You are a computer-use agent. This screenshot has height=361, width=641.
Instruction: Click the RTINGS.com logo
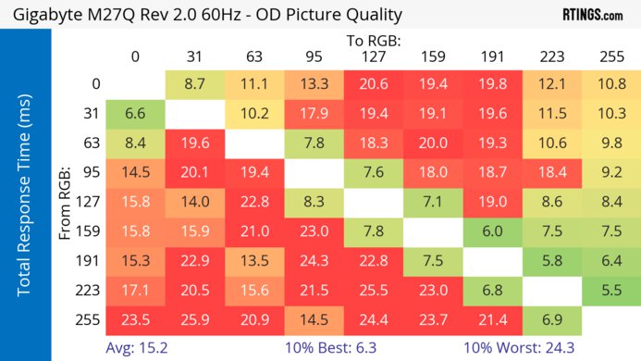pos(592,15)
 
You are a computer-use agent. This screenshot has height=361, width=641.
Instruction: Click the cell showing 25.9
pos(194,320)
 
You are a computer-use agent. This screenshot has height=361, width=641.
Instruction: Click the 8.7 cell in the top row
pos(194,83)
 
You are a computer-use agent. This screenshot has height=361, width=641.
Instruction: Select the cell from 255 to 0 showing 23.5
pos(135,320)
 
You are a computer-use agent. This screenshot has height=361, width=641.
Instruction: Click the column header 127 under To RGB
pos(373,56)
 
